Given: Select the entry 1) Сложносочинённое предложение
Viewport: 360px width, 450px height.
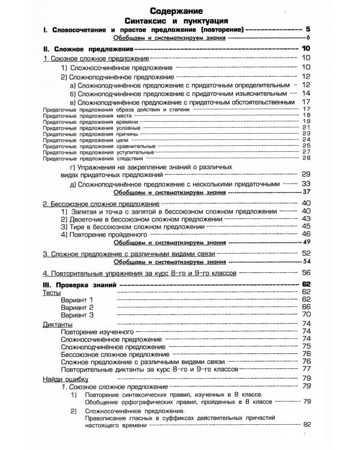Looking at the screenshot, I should coord(113,68).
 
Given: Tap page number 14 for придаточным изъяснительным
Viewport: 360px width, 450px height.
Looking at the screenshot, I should coord(305,94).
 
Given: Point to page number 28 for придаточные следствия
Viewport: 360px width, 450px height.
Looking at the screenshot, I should coord(305,158).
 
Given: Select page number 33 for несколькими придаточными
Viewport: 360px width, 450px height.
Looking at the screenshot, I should coord(305,184).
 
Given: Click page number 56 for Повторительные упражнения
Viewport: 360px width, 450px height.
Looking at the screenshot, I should coord(305,272).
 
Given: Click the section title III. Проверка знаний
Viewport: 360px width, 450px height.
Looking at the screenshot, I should coord(78,284).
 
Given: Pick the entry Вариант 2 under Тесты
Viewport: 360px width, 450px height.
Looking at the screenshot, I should coord(77,307).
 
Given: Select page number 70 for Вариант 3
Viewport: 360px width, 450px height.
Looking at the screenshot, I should coord(305,314).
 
